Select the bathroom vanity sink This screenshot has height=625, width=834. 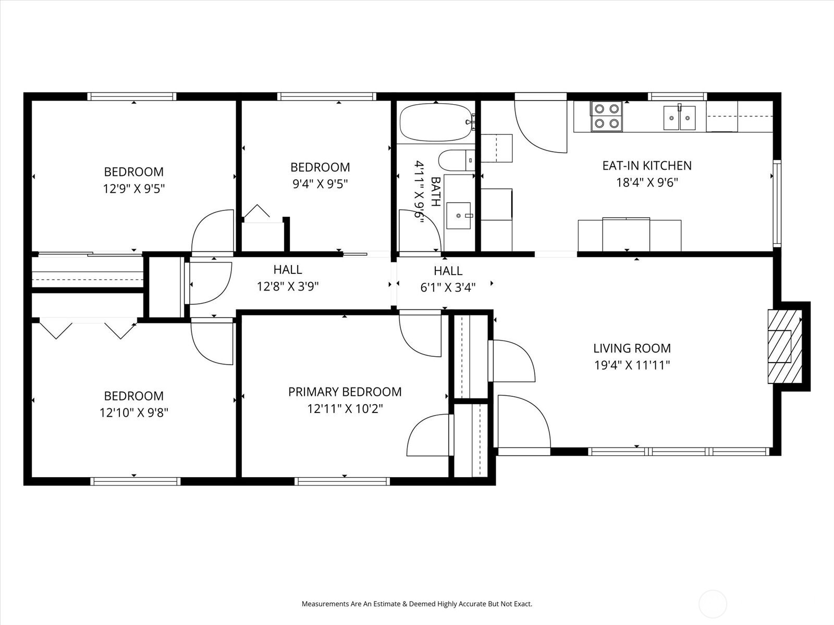pos(459,214)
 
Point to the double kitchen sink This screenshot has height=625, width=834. pos(679,118)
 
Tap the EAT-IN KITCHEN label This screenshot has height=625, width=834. pos(646,166)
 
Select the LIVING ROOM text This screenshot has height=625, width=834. pos(632,348)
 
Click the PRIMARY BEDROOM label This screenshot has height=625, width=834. pos(345,392)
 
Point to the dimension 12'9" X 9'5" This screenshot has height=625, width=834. pos(134,189)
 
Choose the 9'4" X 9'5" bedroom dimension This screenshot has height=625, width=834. pos(320,184)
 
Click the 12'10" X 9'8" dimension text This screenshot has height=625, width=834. pos(134,413)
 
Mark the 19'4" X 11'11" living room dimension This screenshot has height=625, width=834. pos(632,365)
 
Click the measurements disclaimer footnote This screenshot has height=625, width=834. pos(417,604)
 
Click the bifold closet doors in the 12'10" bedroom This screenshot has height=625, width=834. pos(88,330)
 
